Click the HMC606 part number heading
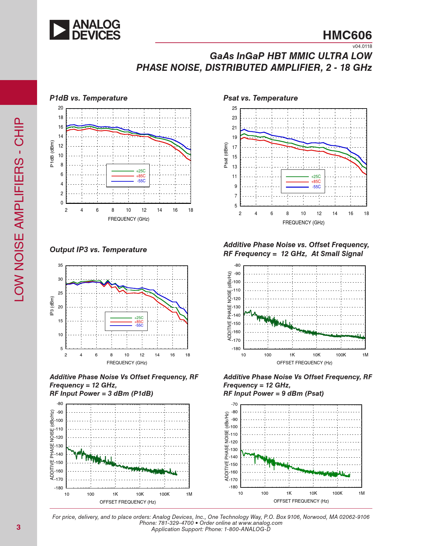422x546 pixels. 347,35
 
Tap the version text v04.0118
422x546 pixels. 362,46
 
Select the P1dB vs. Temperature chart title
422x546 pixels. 88,98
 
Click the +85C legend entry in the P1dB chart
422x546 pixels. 141,176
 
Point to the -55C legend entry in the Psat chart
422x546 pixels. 316,187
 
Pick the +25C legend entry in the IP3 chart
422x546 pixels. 139,318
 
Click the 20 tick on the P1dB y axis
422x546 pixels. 61,108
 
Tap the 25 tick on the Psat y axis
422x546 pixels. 234,108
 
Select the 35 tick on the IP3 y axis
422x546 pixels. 60,265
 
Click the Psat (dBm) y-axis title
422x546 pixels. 226,155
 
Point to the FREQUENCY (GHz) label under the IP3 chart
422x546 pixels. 127,363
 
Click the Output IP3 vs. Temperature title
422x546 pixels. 98,250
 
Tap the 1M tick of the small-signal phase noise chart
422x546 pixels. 365,355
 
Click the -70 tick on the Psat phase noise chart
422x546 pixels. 234,404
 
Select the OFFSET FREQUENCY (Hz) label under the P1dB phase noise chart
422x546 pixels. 127,502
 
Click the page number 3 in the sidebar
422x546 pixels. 19,527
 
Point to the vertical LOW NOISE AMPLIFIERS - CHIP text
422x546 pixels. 19,209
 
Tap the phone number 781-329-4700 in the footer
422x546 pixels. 176,523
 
